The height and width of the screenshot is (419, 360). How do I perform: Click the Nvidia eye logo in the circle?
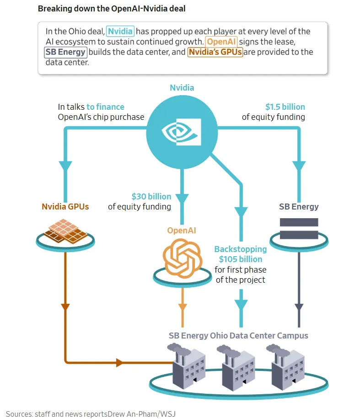(x=182, y=132)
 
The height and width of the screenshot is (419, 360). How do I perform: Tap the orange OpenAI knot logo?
(x=183, y=258)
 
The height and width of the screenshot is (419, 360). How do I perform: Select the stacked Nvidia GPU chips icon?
(x=65, y=231)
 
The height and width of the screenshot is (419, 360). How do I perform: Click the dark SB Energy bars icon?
(x=299, y=228)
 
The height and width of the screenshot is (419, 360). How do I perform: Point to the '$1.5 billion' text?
(x=285, y=107)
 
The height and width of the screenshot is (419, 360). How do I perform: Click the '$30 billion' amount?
(x=151, y=196)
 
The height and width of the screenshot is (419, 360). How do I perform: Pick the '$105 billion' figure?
(x=241, y=259)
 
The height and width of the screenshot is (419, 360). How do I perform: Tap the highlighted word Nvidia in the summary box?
(x=120, y=31)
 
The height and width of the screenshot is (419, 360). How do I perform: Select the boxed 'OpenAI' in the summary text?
(x=221, y=42)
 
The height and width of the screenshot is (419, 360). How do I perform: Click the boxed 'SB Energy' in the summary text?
(x=65, y=52)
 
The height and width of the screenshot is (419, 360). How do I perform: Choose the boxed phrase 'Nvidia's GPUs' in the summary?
(x=215, y=52)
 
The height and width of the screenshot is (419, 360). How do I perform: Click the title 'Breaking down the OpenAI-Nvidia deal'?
(x=112, y=9)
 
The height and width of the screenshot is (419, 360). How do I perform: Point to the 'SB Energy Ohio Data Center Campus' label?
(x=238, y=336)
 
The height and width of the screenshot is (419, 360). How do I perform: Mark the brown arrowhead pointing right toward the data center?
(x=119, y=363)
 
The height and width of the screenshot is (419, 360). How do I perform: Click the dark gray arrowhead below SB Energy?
(x=299, y=307)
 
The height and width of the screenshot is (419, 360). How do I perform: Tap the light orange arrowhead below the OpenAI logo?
(x=183, y=307)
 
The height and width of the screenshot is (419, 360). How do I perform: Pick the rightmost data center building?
(x=286, y=367)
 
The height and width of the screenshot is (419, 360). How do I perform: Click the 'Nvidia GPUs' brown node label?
(x=65, y=207)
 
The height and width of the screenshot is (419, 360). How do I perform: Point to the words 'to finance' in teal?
(x=105, y=107)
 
